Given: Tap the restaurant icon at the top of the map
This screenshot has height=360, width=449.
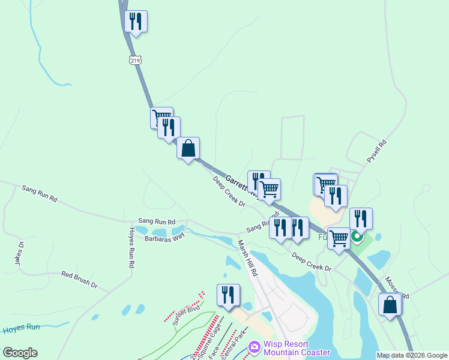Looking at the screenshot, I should tap(136, 22).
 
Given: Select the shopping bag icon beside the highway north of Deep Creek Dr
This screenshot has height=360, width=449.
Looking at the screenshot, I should tap(188, 148).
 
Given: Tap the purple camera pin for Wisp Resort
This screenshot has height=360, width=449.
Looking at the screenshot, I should tap(255, 347).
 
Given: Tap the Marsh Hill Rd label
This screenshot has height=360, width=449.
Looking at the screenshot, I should tap(247, 257).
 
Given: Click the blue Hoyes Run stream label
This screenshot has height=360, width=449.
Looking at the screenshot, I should tap(21, 328).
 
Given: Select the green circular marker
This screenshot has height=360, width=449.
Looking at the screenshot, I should tap(357, 237).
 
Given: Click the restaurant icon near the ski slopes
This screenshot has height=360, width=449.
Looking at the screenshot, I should tap(228, 295).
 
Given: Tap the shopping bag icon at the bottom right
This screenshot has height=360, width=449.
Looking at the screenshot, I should tap(390, 304).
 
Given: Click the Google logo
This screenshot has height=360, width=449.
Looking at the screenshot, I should tap(20, 353).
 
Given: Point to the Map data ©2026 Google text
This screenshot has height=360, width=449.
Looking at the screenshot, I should tap(412, 355).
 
